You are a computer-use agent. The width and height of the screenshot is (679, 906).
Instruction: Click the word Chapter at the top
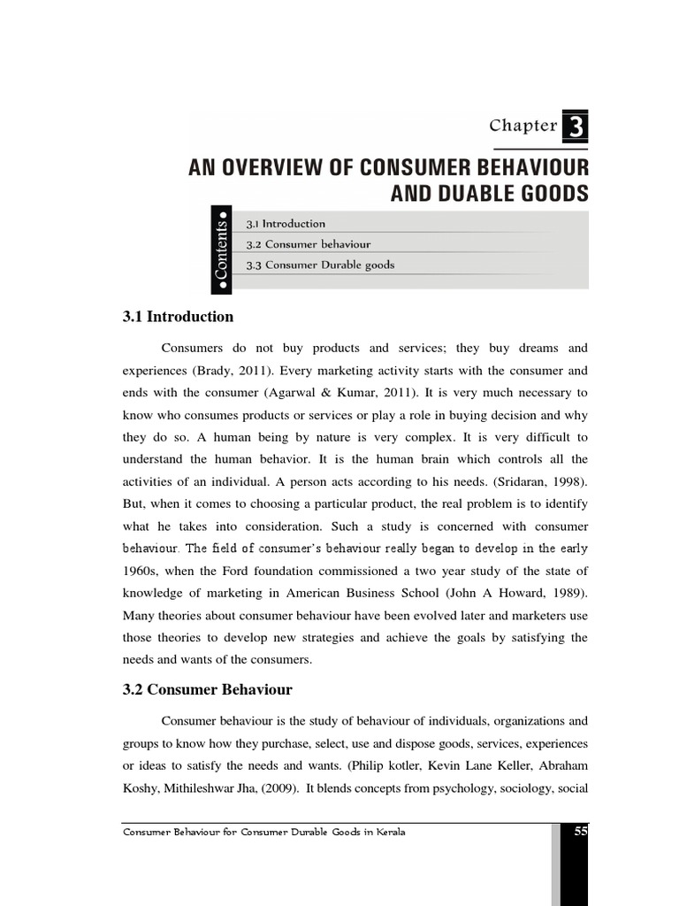[x=523, y=126]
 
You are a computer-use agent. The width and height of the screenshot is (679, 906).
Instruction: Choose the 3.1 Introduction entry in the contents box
[x=286, y=224]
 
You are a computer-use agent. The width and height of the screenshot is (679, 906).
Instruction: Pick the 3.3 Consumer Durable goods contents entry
[x=320, y=265]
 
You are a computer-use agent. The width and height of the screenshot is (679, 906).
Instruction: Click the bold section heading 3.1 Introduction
[x=177, y=317]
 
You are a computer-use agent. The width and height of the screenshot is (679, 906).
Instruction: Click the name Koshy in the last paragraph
[x=141, y=786]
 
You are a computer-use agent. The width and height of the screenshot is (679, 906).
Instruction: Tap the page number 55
[x=580, y=832]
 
